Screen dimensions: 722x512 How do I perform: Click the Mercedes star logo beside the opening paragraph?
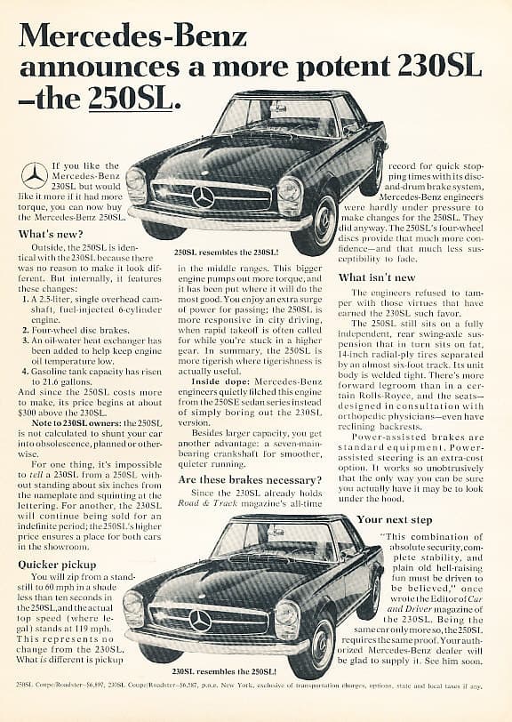(35, 175)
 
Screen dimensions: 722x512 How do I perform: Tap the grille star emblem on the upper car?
(204, 197)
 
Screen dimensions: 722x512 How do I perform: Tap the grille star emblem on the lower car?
(201, 620)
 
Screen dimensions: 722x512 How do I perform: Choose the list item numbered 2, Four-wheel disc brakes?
(84, 329)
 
